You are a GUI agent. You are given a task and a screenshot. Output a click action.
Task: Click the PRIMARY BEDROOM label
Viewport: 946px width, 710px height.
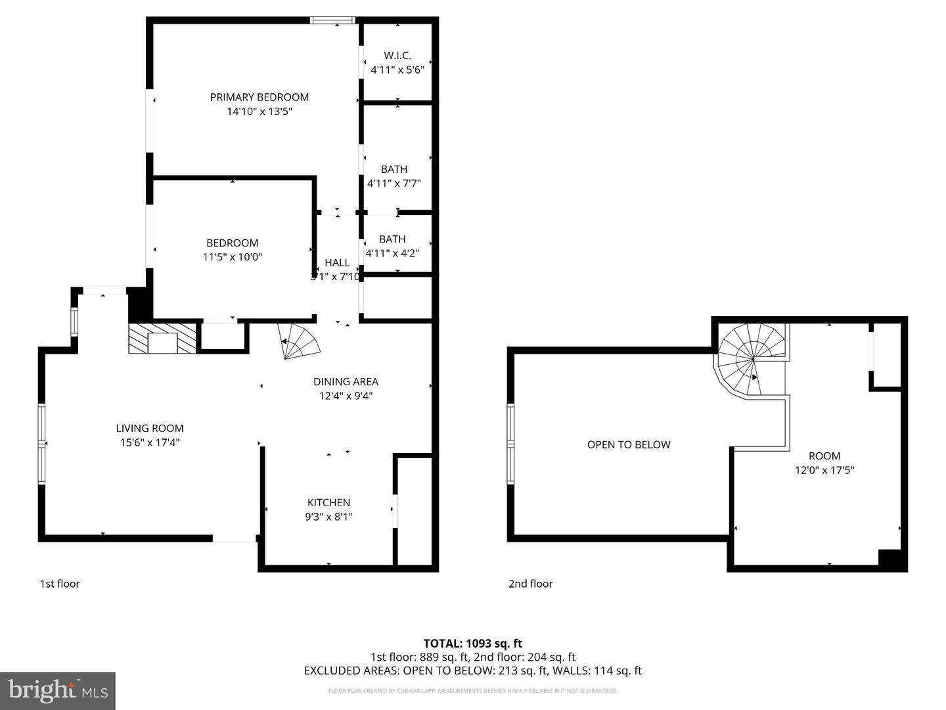tap(259, 97)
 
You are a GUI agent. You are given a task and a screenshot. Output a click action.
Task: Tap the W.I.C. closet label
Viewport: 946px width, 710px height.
tap(397, 56)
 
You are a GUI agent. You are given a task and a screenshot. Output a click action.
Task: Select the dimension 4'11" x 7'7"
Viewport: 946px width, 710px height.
tap(394, 183)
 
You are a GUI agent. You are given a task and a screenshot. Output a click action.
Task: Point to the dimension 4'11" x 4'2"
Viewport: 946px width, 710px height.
tap(392, 252)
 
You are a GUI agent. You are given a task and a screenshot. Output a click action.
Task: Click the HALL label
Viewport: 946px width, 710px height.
tap(337, 263)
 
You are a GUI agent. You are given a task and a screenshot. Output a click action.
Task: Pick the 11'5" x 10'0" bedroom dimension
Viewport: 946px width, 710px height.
tap(232, 257)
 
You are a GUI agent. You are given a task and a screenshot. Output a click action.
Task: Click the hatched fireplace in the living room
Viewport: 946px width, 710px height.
tap(162, 338)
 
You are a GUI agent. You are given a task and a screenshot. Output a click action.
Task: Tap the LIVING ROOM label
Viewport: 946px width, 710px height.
tap(150, 428)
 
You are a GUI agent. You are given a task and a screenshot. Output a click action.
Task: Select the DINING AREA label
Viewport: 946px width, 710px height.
tap(346, 381)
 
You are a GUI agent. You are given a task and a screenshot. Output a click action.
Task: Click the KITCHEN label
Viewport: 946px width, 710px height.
tap(328, 502)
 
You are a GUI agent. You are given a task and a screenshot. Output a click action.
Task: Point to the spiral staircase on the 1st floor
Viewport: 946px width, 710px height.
tap(299, 341)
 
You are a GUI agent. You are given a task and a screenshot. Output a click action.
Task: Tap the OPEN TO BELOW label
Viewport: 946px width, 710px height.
tap(629, 444)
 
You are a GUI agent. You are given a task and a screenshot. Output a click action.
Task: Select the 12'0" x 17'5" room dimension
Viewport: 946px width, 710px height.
tap(824, 470)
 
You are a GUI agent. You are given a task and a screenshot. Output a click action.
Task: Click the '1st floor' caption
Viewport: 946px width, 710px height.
tap(60, 584)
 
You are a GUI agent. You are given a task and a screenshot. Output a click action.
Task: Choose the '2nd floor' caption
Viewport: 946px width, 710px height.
tap(530, 584)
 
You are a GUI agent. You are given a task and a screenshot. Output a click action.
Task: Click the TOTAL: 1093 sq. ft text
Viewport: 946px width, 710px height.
tap(472, 644)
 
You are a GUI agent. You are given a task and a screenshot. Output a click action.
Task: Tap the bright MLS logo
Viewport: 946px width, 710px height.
tap(58, 690)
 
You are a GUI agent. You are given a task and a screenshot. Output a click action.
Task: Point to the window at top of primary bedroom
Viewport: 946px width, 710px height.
tap(332, 20)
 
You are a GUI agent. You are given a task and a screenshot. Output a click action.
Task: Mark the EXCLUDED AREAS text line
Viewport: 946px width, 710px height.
tap(472, 671)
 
